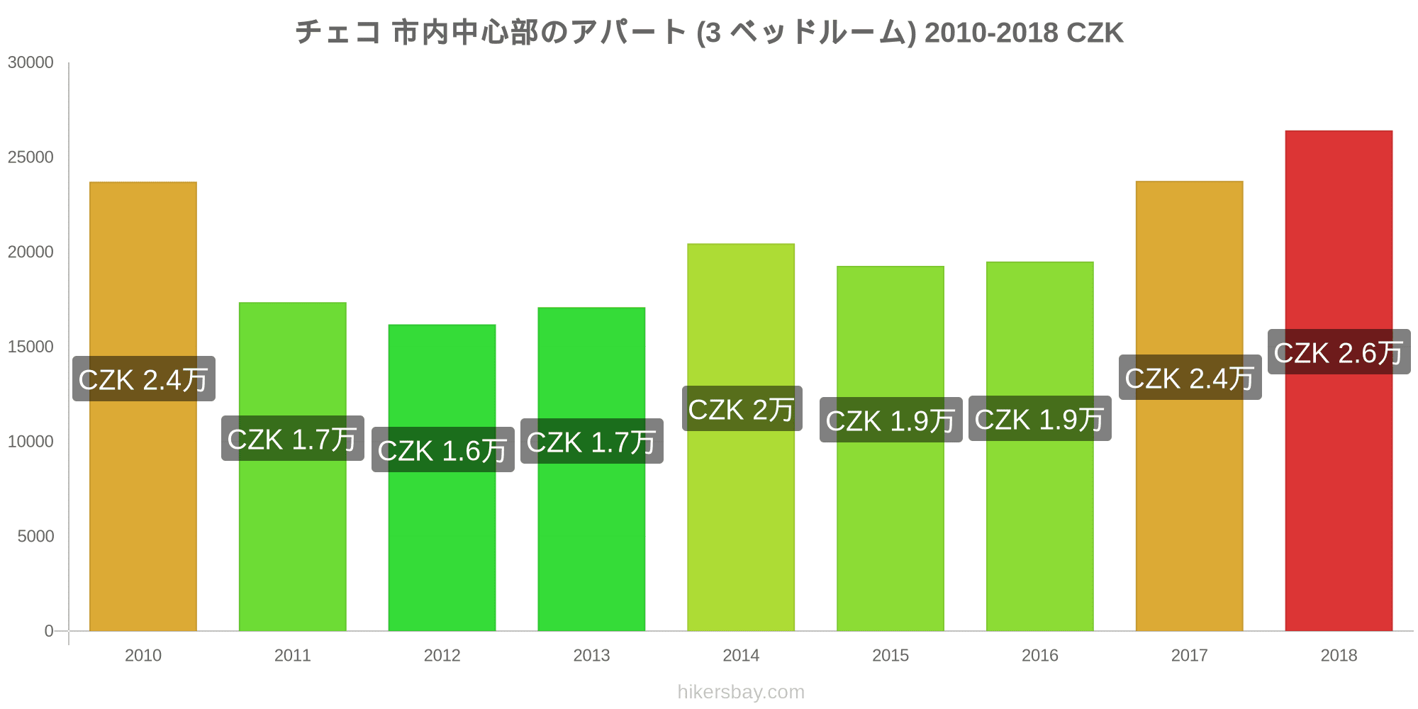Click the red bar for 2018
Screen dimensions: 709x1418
(x=1339, y=496)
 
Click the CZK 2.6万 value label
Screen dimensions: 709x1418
(x=1339, y=352)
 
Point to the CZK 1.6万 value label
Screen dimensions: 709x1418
(x=442, y=450)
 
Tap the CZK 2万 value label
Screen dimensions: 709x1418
(x=742, y=409)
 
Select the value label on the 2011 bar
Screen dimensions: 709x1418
(x=292, y=439)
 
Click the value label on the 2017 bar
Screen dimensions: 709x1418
(x=1190, y=378)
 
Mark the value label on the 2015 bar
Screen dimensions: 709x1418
(x=891, y=420)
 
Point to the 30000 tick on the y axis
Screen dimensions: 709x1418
(x=30, y=63)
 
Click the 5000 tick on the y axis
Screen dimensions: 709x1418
(x=35, y=537)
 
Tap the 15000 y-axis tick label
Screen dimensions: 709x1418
(x=30, y=347)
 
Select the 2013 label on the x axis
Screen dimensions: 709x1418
(x=591, y=656)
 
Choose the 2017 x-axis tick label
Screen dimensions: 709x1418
(x=1189, y=656)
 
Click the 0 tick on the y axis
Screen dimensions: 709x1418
(x=48, y=631)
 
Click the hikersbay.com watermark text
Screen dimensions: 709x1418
(x=741, y=692)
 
